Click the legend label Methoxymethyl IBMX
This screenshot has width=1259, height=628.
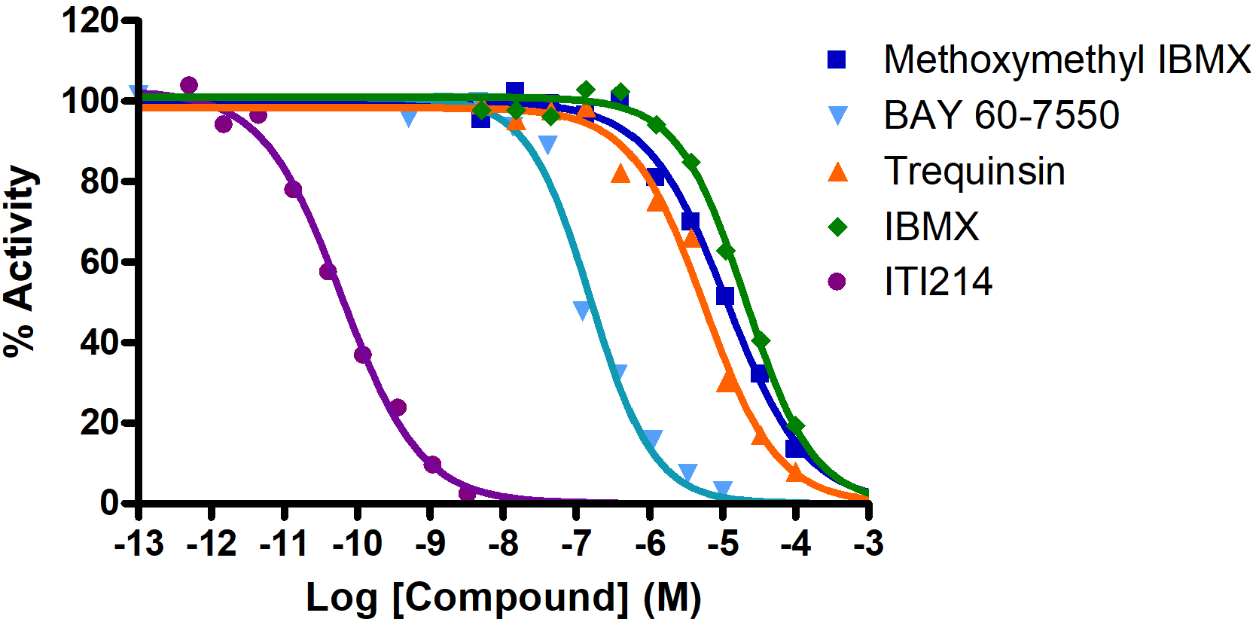[x=1066, y=59]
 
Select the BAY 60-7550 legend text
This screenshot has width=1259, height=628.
[x=1001, y=115]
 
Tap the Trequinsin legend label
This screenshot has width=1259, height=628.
[x=974, y=171]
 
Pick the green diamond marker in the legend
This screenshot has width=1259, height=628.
[x=837, y=227]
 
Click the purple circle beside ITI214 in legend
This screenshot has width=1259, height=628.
[x=837, y=282]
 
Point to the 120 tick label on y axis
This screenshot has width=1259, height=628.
[x=90, y=20]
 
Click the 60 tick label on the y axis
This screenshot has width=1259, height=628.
[x=99, y=261]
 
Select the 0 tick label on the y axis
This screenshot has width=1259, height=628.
[x=109, y=502]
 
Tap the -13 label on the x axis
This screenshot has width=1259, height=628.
[x=139, y=544]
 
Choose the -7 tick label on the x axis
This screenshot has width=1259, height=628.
[x=576, y=544]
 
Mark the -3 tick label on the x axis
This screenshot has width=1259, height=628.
[x=868, y=544]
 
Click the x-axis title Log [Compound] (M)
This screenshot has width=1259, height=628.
[x=503, y=599]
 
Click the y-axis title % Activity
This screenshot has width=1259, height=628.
[x=20, y=261]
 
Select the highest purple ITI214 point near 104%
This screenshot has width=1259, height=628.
[x=189, y=85]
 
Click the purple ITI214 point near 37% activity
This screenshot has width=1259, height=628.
[x=362, y=354]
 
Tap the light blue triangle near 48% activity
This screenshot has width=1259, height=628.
[x=582, y=309]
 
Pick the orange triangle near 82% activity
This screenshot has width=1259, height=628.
[x=620, y=174]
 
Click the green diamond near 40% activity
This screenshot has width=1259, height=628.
[x=761, y=341]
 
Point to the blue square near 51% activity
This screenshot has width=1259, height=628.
[x=725, y=296]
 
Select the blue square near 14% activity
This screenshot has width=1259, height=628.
[x=795, y=448]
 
